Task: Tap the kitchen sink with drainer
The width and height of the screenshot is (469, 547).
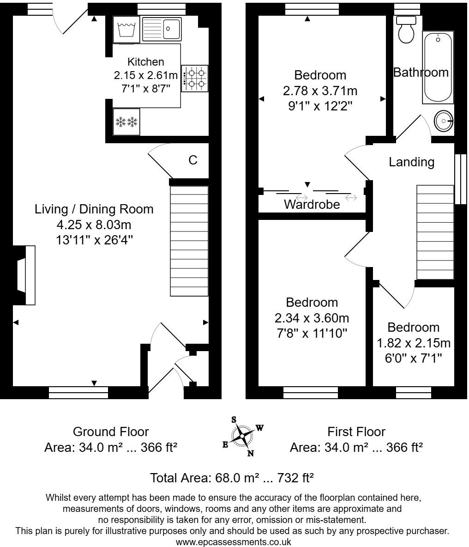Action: point(162,29)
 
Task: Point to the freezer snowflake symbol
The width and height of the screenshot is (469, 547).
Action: point(126,122)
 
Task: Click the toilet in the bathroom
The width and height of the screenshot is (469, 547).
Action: point(406,29)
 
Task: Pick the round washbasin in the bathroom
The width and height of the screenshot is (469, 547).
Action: point(444,121)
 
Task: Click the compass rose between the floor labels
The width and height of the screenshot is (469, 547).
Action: point(242,436)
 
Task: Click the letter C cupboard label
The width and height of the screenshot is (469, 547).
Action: point(193,160)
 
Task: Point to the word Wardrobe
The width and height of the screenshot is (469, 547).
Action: point(312,204)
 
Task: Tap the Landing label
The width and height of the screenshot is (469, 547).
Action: point(411,162)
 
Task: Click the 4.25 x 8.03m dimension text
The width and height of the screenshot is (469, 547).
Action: point(94,225)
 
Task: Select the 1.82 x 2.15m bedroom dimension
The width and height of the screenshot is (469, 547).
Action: point(414,343)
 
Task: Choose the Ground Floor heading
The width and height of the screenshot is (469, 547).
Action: point(111,432)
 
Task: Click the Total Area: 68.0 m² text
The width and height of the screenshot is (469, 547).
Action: point(232,478)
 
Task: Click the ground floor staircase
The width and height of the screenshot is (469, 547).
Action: point(190,241)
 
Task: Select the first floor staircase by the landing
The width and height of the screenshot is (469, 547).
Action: point(435,232)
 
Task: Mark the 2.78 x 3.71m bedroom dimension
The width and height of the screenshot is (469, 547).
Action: point(320,91)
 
